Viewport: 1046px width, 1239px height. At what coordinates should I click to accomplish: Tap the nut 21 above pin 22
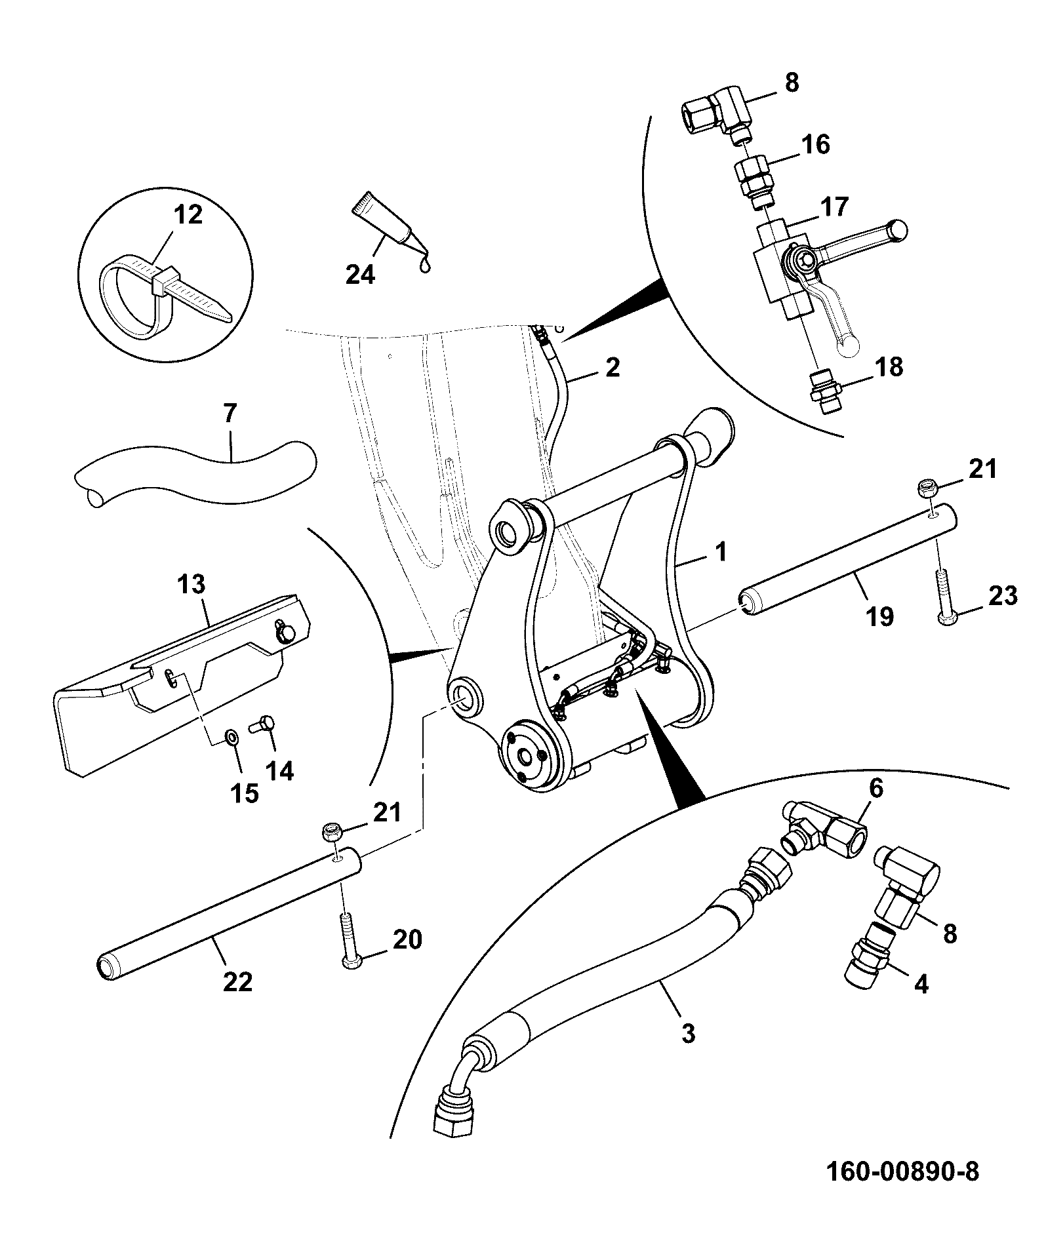[332, 833]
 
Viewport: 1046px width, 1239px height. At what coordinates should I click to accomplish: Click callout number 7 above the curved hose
[230, 416]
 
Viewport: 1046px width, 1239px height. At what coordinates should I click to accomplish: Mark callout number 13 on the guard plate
[191, 584]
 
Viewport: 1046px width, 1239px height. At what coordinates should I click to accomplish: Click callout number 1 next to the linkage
[721, 552]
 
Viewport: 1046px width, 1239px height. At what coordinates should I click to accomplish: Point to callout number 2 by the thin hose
[612, 367]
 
